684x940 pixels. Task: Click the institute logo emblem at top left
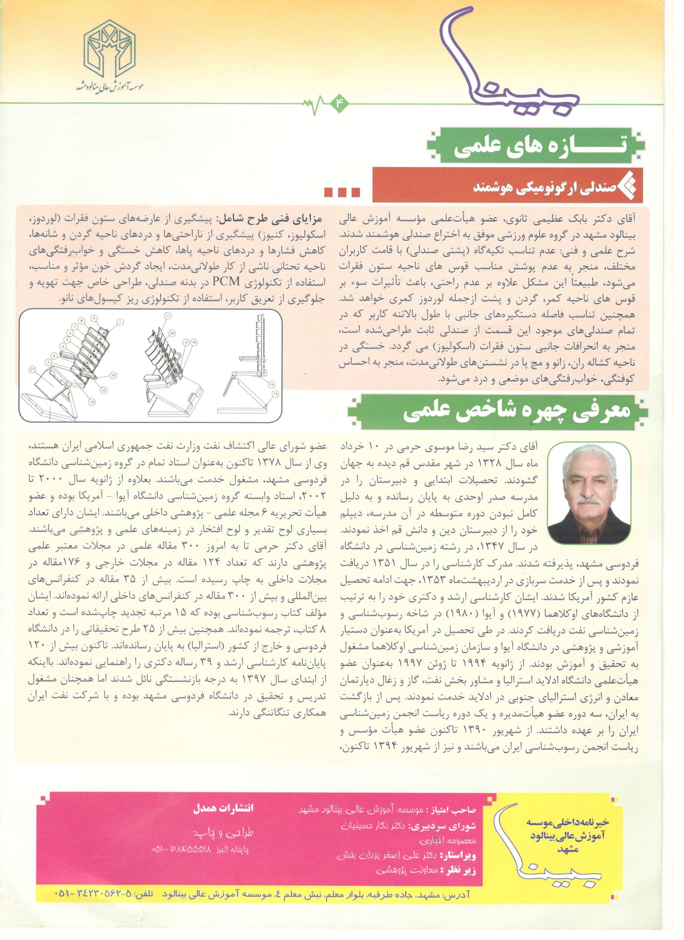110,52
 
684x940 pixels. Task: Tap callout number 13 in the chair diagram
91,401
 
